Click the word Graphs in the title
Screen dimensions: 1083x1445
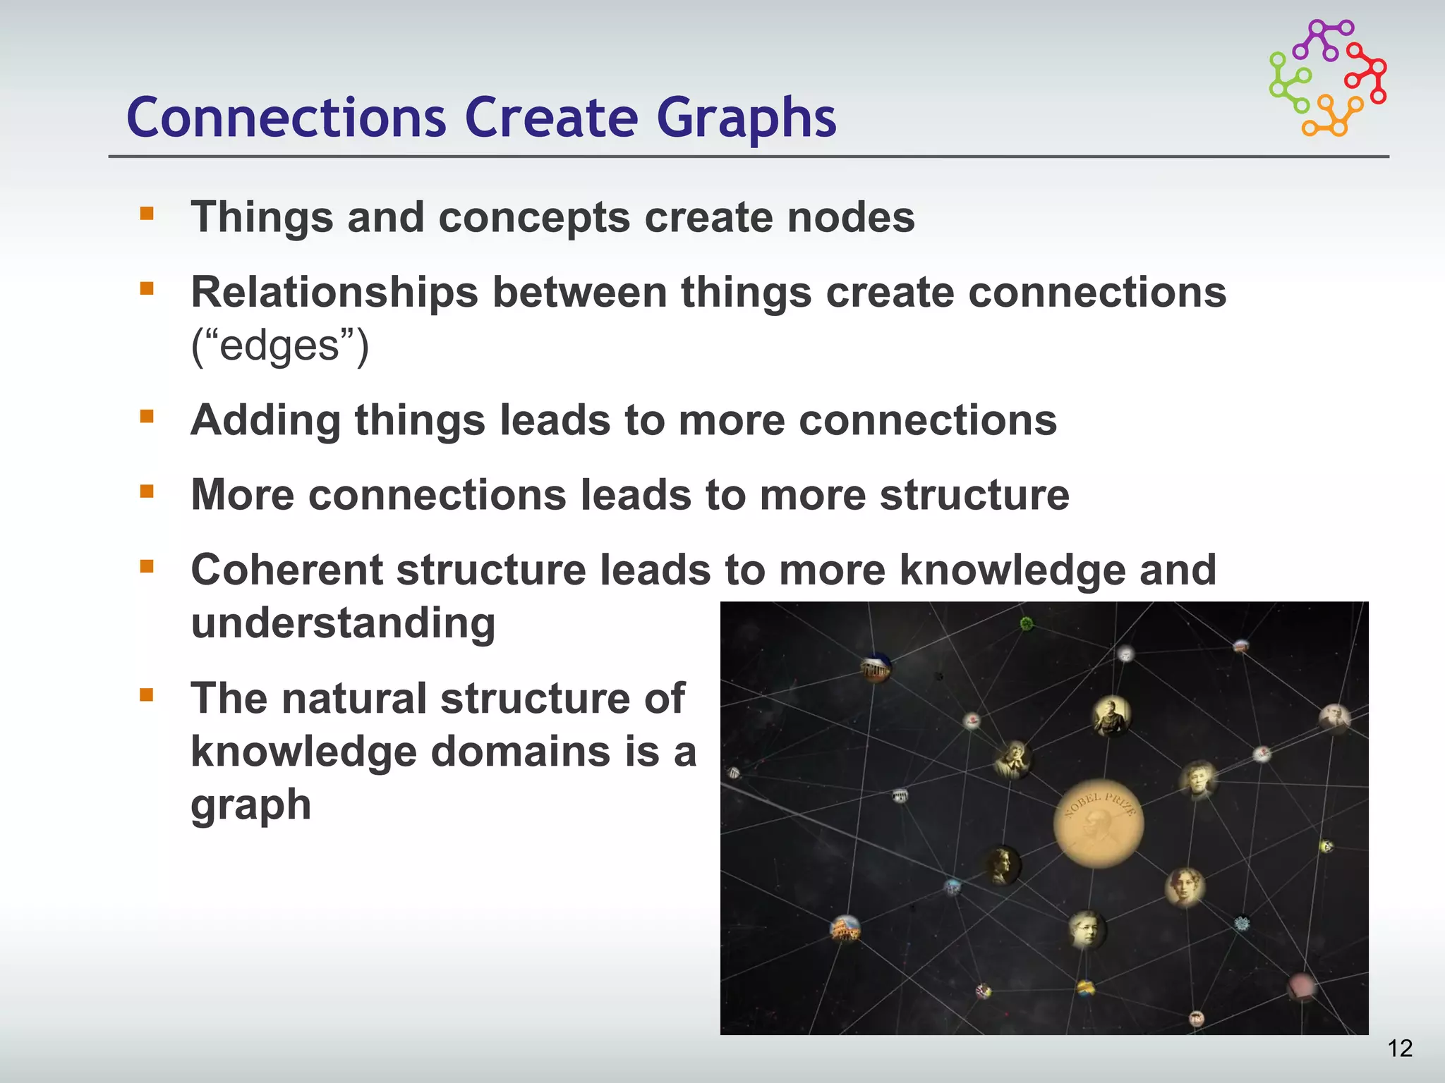[746, 117]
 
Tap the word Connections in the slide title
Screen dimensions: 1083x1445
[286, 117]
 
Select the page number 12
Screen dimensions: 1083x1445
[1400, 1048]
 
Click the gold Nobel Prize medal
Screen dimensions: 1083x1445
[1098, 824]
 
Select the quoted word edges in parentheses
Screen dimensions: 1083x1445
[280, 345]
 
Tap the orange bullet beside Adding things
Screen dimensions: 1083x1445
[147, 416]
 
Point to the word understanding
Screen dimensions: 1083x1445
[343, 623]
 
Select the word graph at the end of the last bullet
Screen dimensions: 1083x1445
[250, 804]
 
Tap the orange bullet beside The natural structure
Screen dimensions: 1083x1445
[147, 695]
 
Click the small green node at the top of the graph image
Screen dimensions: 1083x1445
[1027, 623]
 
